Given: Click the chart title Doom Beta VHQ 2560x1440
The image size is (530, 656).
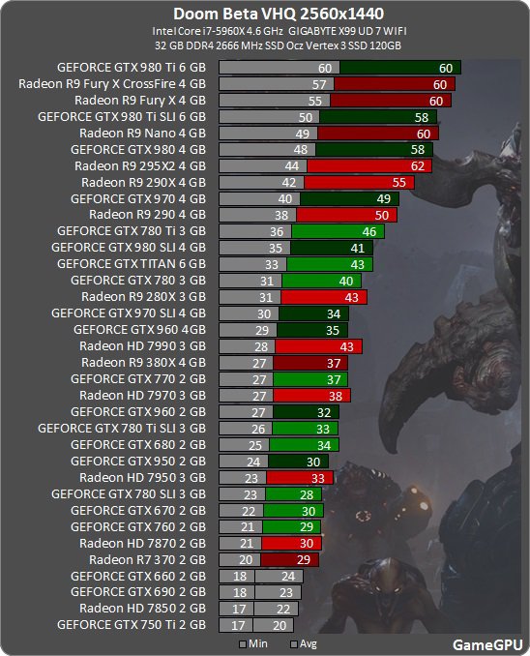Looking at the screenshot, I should [265, 14].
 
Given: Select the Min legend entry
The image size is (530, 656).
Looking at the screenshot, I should [253, 643].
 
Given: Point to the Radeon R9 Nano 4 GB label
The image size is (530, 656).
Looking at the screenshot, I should [142, 133].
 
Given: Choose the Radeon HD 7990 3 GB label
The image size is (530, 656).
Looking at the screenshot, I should [142, 345].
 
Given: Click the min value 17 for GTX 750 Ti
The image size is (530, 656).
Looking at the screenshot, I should [237, 625].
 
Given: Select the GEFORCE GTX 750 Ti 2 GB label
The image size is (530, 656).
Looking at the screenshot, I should [132, 625].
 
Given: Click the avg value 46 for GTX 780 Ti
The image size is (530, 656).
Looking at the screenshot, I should [368, 231].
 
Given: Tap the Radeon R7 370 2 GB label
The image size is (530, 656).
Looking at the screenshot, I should [147, 559].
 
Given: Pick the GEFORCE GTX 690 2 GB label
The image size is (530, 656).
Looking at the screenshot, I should [138, 592].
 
